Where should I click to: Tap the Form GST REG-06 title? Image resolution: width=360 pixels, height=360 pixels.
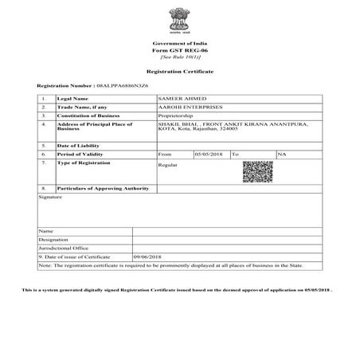(x=179, y=49)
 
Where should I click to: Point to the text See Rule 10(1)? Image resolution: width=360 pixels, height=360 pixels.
(x=179, y=57)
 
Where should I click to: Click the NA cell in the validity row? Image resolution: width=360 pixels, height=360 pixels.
(x=281, y=154)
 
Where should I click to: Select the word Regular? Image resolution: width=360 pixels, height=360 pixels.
(x=167, y=165)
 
